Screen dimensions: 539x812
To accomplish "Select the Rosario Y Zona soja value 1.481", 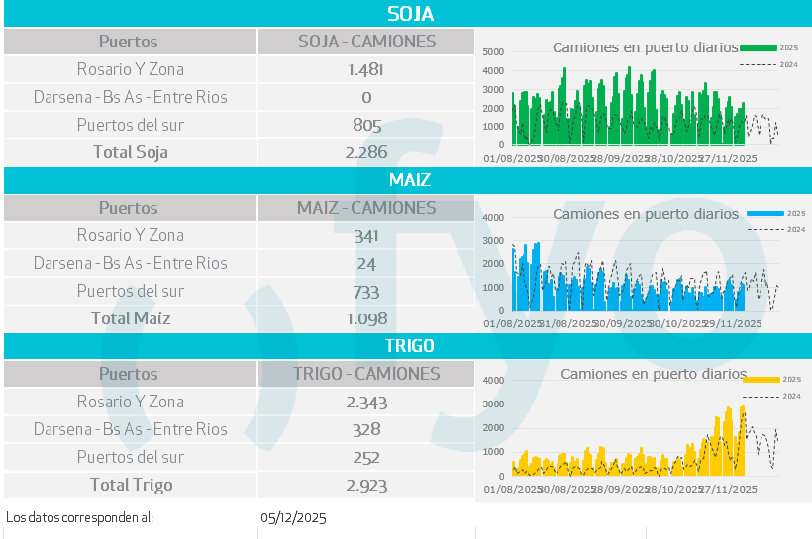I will (366, 69).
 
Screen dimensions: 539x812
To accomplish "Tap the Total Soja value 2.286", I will (366, 152).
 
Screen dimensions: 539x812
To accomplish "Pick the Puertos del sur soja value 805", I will (366, 125).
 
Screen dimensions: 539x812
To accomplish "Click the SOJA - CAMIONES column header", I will (366, 42).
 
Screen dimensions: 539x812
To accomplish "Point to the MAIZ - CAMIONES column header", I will (366, 208).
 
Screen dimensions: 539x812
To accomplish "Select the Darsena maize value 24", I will (366, 263).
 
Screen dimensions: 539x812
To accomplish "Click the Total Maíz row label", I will (131, 318).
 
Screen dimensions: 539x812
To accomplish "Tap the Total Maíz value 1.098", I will (366, 318).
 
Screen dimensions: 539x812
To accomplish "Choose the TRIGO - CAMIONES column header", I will (366, 374).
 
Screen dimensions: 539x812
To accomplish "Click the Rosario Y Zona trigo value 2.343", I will (366, 402).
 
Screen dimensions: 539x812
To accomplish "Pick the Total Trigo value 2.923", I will (366, 485).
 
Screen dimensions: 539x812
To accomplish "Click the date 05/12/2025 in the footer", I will (293, 517).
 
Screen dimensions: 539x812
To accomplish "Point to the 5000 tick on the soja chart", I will (493, 51).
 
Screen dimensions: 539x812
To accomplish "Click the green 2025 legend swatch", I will (759, 47).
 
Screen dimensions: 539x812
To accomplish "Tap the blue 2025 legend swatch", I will (765, 214).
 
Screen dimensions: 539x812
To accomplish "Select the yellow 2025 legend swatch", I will (762, 379).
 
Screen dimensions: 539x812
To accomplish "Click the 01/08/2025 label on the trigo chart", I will (511, 489).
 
